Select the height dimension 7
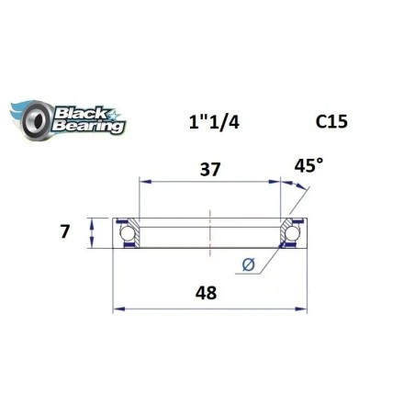coord(64,231)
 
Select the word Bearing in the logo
coord(89,127)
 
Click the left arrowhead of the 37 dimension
coord(142,183)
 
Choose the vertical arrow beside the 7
coord(91,232)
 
